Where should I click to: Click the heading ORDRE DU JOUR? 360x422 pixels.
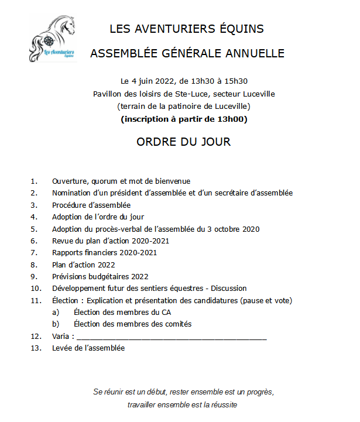tap(184, 142)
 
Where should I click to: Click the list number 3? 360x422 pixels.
tap(34, 205)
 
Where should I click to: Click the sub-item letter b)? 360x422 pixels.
tap(56, 324)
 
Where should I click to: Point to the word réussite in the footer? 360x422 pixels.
tap(222, 404)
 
